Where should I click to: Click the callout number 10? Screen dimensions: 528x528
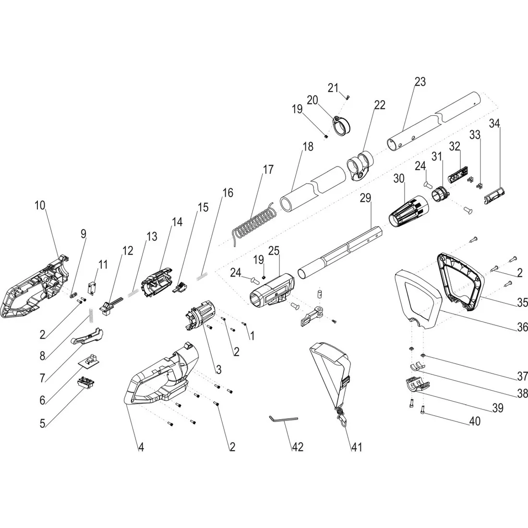(x=40, y=205)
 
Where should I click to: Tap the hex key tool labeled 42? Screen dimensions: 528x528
(x=283, y=420)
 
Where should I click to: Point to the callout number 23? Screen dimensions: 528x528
(x=419, y=82)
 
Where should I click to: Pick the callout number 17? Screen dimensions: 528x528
(x=268, y=169)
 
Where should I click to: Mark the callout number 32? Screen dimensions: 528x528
(x=455, y=146)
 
